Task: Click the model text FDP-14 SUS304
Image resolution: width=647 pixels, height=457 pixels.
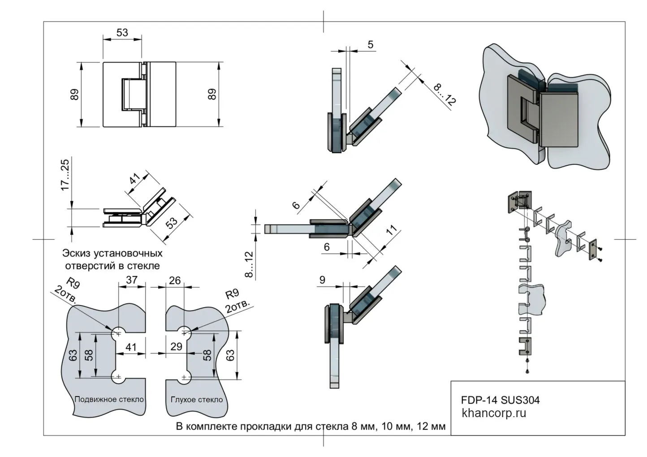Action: click(500, 400)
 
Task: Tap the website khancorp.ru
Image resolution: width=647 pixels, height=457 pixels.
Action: click(494, 413)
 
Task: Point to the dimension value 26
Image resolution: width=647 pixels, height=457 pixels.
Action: click(174, 280)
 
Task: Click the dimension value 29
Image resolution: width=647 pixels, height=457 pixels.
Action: click(176, 346)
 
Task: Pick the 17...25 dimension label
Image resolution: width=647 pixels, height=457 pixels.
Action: click(65, 175)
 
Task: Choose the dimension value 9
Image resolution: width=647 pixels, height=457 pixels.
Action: click(323, 280)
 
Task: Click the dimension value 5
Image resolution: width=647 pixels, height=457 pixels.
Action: click(370, 44)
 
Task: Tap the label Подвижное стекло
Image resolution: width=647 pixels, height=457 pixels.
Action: click(109, 399)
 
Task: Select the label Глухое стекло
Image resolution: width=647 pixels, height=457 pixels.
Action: click(197, 400)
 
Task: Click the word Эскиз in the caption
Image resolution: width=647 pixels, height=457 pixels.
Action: click(78, 253)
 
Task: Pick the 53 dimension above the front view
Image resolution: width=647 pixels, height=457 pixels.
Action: click(122, 33)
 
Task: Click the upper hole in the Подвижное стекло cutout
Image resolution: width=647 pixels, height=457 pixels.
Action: click(118, 332)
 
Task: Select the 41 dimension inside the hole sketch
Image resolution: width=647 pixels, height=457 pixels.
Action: click(131, 346)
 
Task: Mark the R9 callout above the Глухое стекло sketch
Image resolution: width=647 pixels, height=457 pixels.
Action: click(232, 294)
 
